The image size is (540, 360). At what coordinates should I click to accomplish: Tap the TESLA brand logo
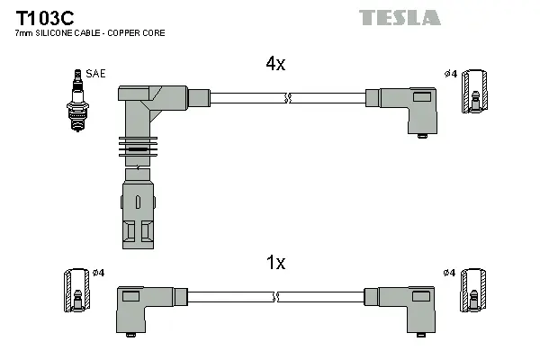(x=400, y=17)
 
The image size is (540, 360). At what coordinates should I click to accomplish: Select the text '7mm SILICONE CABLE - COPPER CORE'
(x=90, y=33)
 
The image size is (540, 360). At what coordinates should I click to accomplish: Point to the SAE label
(x=95, y=73)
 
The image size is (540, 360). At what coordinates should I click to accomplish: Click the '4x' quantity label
(x=275, y=64)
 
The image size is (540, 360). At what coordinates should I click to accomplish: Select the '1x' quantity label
(x=275, y=263)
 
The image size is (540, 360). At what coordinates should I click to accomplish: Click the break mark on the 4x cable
(x=288, y=97)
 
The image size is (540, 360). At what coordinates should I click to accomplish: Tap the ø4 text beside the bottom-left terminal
(x=99, y=272)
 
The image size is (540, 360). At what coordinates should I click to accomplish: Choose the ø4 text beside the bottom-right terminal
(x=449, y=272)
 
